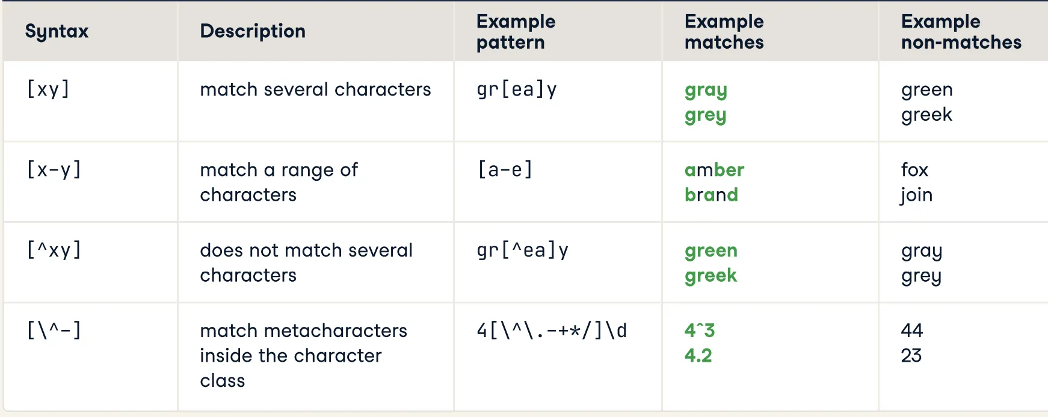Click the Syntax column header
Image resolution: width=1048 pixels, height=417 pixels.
57,32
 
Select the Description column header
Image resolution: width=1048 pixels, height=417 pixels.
253,31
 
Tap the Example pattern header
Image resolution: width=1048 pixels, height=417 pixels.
516,32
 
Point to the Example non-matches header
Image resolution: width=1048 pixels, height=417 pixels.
961,32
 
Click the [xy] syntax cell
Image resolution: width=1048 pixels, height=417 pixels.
48,90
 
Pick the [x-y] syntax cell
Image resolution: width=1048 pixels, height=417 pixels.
54,170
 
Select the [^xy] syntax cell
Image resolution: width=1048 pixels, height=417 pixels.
54,250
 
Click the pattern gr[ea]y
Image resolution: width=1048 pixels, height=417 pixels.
517,90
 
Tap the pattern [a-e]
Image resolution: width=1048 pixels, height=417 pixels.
505,170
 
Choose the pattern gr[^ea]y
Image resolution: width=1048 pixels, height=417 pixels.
522,250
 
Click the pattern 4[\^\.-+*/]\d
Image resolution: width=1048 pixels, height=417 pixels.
552,330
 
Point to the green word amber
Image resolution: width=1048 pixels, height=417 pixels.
714,170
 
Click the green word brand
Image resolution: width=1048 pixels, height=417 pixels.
711,195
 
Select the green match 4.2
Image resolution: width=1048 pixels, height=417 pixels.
698,356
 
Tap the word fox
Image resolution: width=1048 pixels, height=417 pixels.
914,170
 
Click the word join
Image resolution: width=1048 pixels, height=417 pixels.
916,195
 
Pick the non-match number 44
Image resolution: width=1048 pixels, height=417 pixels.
912,330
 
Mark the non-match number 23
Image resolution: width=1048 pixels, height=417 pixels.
911,356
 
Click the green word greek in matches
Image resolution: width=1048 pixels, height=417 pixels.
710,276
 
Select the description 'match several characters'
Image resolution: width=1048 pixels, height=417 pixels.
315,90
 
